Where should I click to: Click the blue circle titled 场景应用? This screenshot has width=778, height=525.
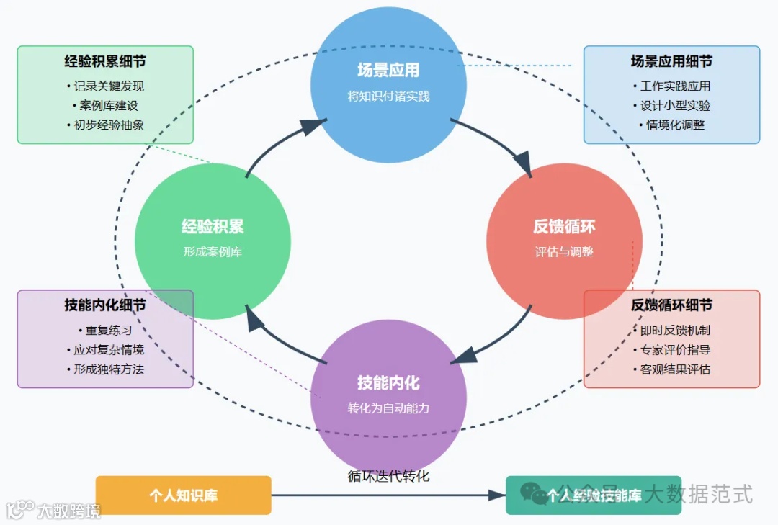tap(388, 83)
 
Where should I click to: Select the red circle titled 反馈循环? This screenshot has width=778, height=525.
tap(564, 241)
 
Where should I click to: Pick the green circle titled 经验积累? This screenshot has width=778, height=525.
tap(213, 241)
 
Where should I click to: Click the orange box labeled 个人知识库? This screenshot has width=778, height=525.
tap(183, 495)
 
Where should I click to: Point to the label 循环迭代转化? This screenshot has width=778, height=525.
tap(388, 476)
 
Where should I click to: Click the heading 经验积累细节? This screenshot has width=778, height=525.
tap(105, 62)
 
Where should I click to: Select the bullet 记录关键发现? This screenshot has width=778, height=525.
tap(108, 86)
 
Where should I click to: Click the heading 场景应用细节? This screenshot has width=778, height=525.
tap(671, 62)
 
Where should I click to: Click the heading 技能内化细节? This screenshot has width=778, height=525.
tap(105, 305)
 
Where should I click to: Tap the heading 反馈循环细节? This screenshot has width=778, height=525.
tap(671, 305)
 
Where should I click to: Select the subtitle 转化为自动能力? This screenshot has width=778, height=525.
tap(388, 408)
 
